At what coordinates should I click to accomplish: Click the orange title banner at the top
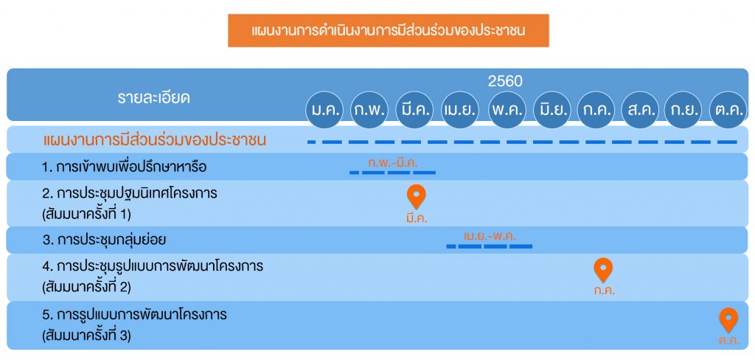pyautogui.click(x=388, y=30)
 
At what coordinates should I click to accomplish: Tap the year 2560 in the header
pyautogui.click(x=505, y=81)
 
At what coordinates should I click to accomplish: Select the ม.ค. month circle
pyautogui.click(x=325, y=109)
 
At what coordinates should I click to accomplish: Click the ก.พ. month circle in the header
pyautogui.click(x=369, y=109)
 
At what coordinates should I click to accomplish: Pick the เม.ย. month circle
pyautogui.click(x=460, y=109)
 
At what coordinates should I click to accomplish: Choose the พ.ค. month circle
pyautogui.click(x=507, y=109)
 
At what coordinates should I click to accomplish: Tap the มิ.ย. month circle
pyautogui.click(x=552, y=109)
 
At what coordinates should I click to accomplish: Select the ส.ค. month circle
pyautogui.click(x=641, y=109)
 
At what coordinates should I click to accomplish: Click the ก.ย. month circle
pyautogui.click(x=683, y=109)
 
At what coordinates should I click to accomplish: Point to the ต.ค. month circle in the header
pyautogui.click(x=728, y=109)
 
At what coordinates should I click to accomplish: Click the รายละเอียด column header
pyautogui.click(x=153, y=98)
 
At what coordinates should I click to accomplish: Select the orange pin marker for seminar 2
pyautogui.click(x=603, y=270)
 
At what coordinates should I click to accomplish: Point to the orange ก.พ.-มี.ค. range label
pyautogui.click(x=393, y=163)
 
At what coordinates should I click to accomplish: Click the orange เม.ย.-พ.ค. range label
pyautogui.click(x=490, y=237)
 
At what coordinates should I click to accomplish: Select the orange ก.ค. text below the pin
pyautogui.click(x=605, y=291)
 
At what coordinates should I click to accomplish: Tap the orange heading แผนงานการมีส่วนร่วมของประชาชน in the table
pyautogui.click(x=155, y=140)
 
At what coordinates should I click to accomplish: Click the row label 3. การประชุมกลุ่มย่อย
pyautogui.click(x=104, y=240)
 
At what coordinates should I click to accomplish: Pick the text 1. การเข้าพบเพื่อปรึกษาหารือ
pyautogui.click(x=124, y=167)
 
